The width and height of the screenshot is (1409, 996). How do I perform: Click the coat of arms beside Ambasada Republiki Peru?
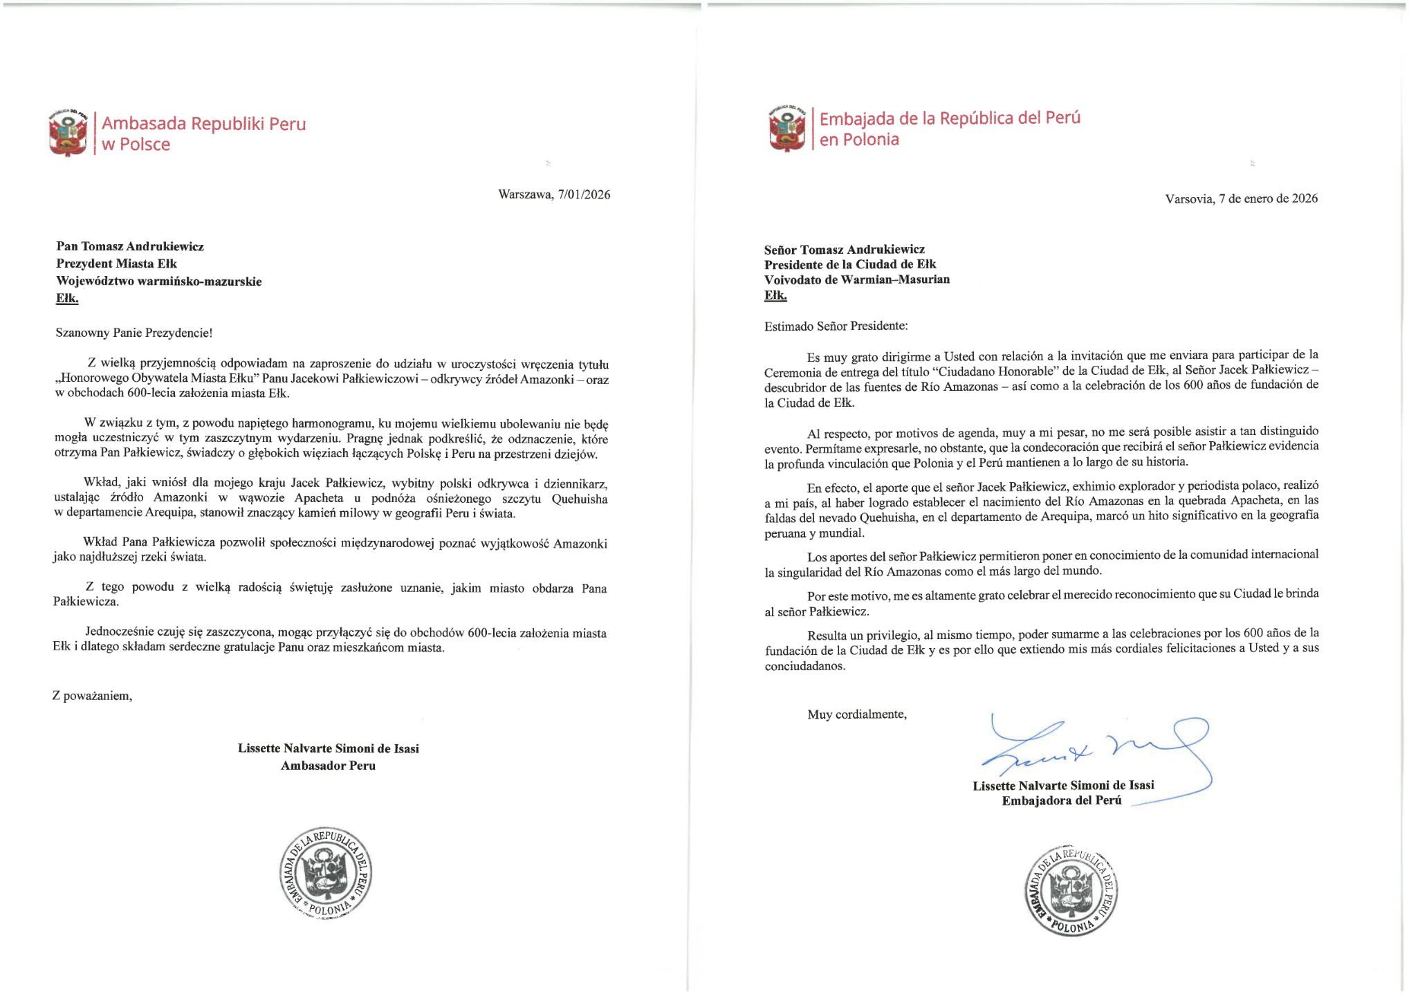68,133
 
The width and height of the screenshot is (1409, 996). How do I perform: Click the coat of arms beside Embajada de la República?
787,129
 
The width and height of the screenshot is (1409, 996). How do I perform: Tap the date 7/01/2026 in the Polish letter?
584,194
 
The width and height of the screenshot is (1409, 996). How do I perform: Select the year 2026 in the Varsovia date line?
1304,199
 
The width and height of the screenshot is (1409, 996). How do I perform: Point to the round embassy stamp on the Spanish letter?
1071,891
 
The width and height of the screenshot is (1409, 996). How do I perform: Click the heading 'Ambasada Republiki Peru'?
203,124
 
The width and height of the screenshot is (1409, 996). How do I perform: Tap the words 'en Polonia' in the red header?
859,140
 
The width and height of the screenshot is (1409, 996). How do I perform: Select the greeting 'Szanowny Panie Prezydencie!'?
134,333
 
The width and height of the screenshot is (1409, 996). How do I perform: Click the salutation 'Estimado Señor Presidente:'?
836,326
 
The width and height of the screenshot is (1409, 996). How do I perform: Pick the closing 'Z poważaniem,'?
92,696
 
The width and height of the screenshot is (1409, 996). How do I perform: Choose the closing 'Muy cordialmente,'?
856,714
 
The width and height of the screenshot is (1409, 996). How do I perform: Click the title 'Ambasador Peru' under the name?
328,766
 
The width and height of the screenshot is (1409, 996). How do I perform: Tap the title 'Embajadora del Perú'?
1061,800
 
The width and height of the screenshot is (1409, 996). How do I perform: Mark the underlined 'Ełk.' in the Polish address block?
67,299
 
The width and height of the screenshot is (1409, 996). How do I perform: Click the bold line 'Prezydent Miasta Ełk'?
116,264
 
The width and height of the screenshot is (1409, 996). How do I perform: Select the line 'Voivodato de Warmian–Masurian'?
856,279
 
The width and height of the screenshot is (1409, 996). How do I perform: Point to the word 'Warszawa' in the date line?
525,194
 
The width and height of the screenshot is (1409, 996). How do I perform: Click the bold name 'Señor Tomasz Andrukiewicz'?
844,249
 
